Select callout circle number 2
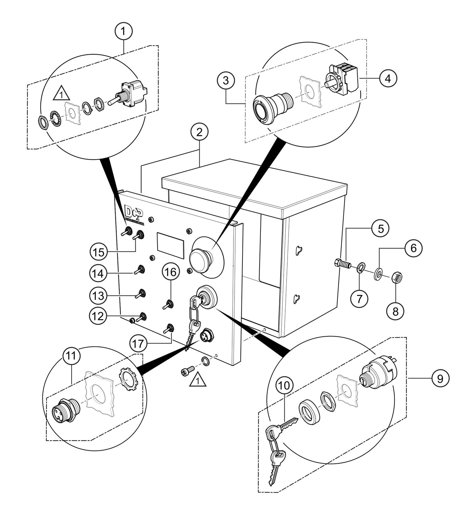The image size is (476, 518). click(199, 133)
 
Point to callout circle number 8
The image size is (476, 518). click(395, 310)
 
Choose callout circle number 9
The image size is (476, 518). click(440, 378)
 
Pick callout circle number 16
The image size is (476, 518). click(171, 272)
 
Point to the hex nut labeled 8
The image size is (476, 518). click(395, 278)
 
